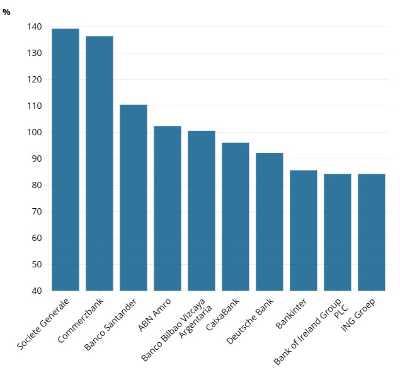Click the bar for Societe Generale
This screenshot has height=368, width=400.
tap(66, 160)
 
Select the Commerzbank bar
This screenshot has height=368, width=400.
tap(100, 164)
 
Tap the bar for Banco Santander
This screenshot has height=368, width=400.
tap(134, 198)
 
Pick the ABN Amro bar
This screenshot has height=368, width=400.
tap(168, 208)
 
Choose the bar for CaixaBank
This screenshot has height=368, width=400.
tap(236, 216)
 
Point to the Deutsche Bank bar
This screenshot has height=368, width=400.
tap(270, 221)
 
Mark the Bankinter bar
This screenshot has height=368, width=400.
tap(304, 230)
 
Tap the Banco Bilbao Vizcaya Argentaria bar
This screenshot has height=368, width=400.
tap(202, 211)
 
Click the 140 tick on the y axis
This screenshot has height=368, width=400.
tap(34, 27)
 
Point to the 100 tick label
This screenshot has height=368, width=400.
tap(34, 133)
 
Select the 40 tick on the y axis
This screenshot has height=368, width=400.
tap(37, 291)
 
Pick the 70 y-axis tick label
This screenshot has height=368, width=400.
tap(37, 212)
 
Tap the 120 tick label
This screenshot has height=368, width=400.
tap(34, 80)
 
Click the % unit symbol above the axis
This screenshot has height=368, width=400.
tap(6, 12)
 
